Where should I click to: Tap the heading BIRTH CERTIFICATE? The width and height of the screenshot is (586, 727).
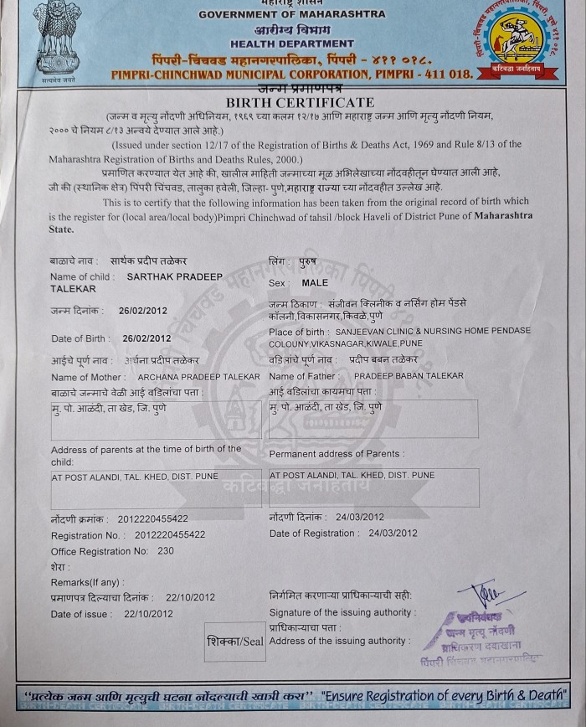click(x=292, y=101)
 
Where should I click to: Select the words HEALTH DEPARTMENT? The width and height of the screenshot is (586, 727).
click(x=292, y=44)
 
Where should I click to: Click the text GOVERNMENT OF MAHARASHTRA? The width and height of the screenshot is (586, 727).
click(x=292, y=14)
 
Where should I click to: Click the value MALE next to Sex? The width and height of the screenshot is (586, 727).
click(x=316, y=283)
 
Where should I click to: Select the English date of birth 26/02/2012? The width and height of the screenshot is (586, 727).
click(x=146, y=338)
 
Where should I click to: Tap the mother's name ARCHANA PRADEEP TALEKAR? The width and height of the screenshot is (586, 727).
click(x=198, y=377)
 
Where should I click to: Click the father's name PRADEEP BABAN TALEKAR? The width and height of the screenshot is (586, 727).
click(x=409, y=376)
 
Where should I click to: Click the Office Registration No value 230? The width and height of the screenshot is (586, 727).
click(x=166, y=551)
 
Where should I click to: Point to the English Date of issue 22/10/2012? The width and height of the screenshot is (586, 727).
click(x=148, y=614)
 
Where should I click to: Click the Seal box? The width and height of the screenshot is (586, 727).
click(x=234, y=642)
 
